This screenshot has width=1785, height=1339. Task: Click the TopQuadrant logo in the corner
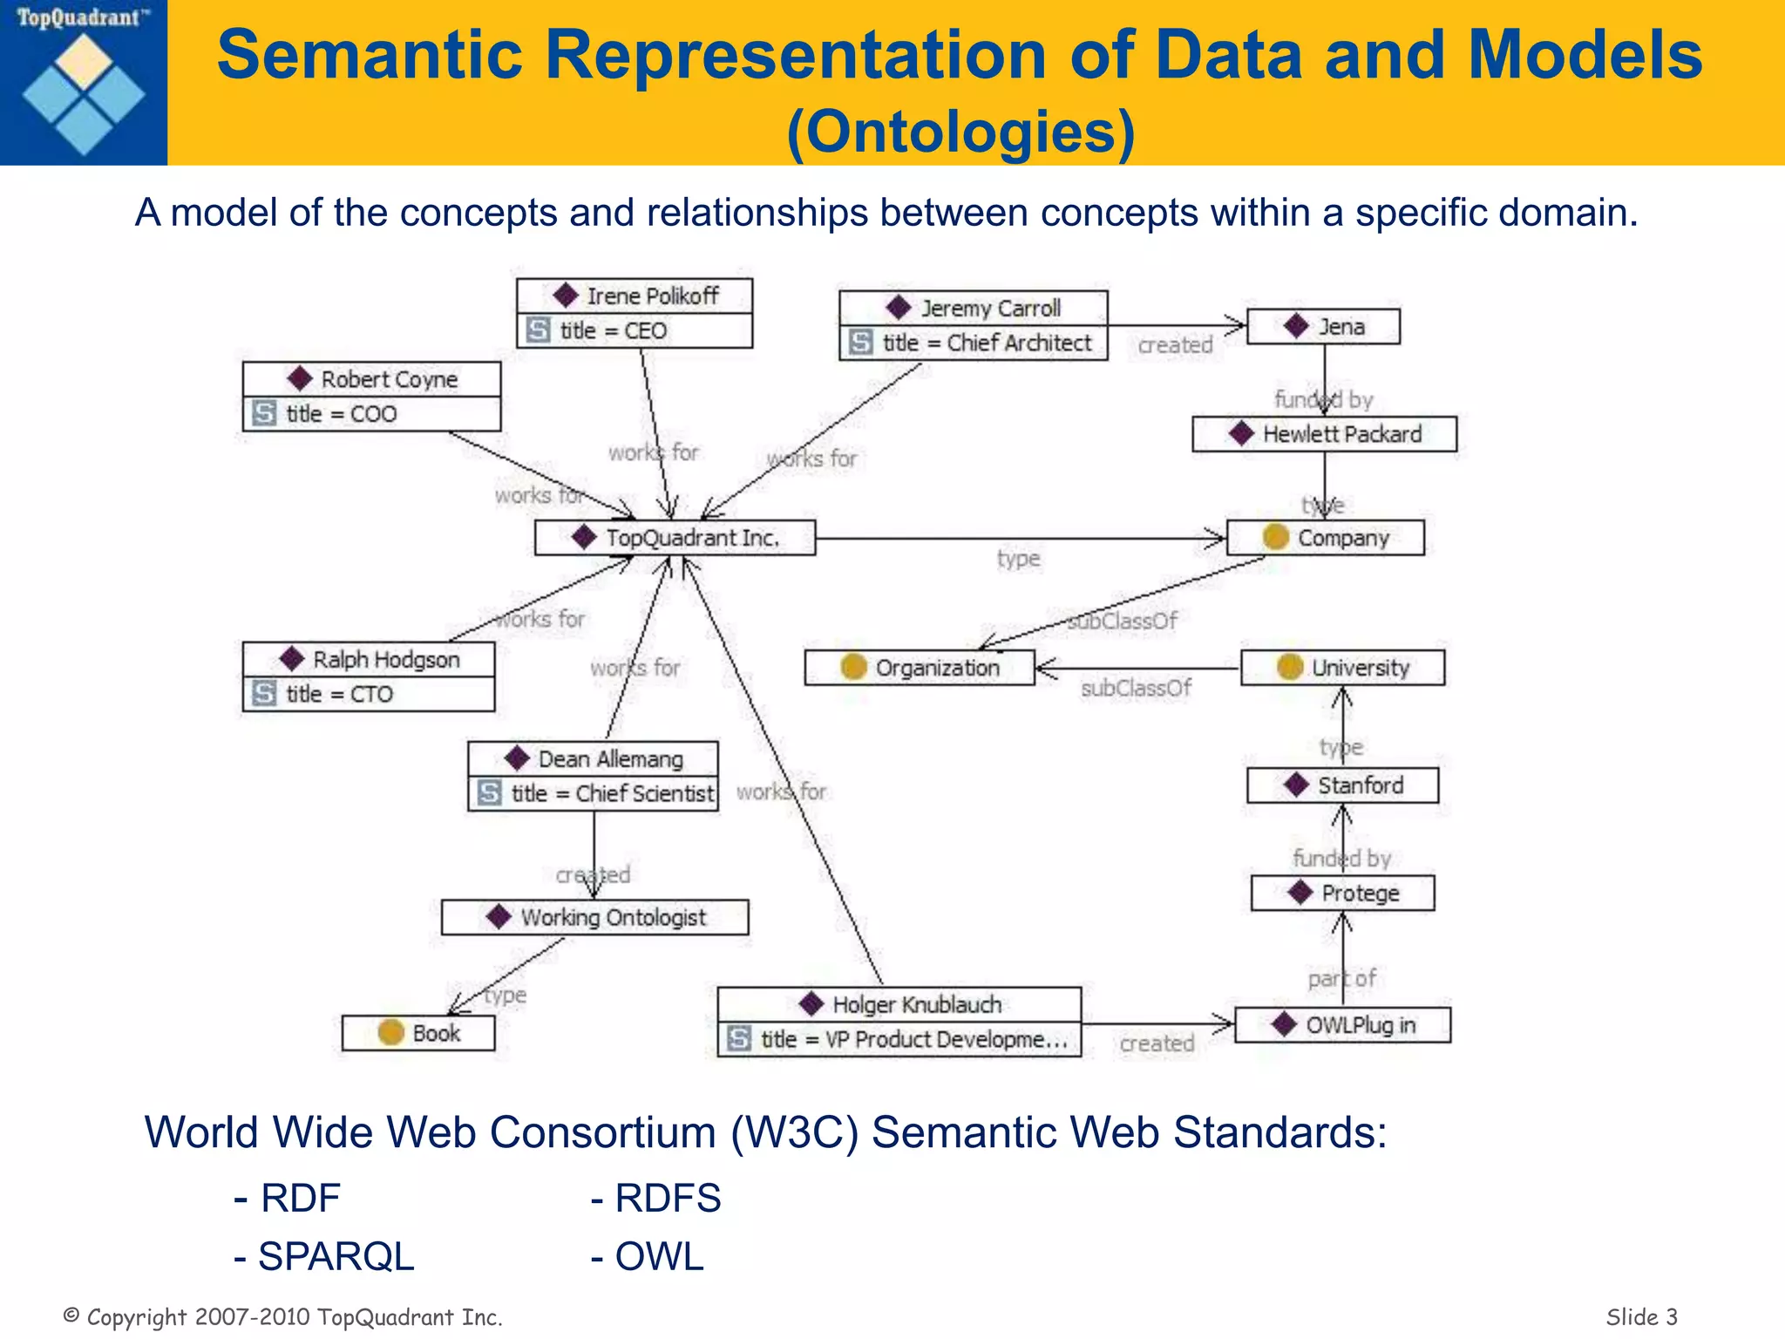coord(83,83)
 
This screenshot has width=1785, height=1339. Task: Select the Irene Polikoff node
coord(635,296)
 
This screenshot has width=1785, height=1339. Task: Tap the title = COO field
coord(372,414)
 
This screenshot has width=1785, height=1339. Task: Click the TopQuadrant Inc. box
coord(675,538)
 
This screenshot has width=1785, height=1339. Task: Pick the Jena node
coord(1324,327)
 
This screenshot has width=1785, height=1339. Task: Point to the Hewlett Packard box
coord(1325,434)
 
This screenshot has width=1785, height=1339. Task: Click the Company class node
coord(1326,538)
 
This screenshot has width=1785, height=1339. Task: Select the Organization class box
coord(920,668)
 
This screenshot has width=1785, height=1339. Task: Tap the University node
coord(1343,668)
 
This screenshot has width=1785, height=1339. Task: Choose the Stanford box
coord(1343,785)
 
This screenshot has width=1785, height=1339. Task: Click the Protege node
coord(1343,894)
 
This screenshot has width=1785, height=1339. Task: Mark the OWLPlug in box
coord(1343,1025)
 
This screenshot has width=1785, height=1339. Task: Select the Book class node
coord(418,1033)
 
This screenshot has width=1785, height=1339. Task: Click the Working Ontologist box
coord(595,918)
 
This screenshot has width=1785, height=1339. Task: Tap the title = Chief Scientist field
coord(594,794)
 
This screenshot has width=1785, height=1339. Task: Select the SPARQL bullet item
coord(324,1257)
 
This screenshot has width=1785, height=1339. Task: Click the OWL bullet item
coord(648,1257)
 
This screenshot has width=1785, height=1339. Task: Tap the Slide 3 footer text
coord(1641,1316)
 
